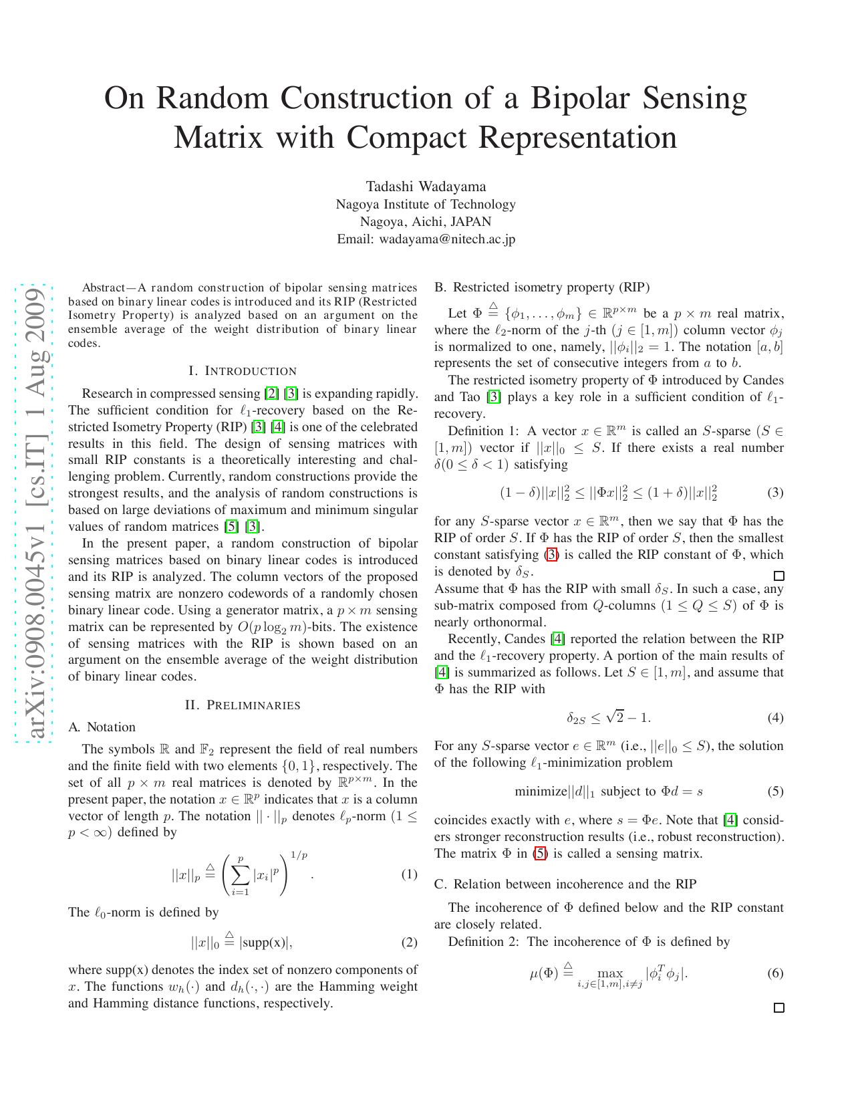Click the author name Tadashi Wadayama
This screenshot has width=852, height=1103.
pos(426,187)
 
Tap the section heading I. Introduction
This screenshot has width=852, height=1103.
pos(243,371)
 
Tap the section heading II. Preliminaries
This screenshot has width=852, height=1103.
pos(243,705)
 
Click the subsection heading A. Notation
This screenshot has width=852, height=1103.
pos(102,727)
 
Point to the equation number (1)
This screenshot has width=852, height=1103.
pos(409,874)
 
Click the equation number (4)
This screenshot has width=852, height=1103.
pos(775,718)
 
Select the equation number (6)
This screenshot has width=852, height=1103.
pos(775,973)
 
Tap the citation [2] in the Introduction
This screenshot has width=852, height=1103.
pos(271,394)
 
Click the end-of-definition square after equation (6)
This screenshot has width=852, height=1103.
pos(778,1008)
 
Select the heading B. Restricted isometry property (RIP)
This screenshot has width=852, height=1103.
pos(542,287)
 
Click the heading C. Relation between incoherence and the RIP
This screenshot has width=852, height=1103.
pos(565,884)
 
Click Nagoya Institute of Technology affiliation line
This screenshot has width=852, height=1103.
pos(426,205)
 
